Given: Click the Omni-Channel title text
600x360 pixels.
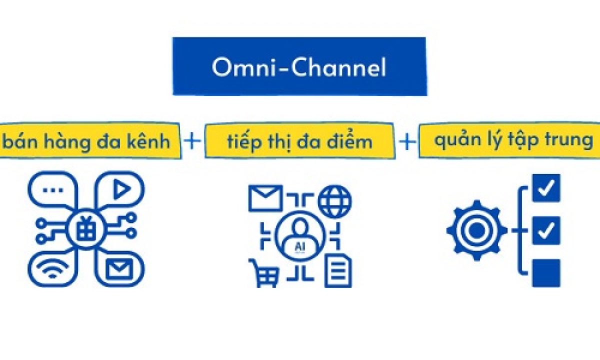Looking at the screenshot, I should point(299,67).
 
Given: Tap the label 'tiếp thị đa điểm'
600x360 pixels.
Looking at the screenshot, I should point(299,141).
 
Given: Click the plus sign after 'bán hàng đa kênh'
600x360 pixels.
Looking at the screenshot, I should point(192,141).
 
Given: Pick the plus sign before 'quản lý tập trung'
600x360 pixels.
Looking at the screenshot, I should point(407,141).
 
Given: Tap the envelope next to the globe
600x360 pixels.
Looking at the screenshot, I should point(265,198).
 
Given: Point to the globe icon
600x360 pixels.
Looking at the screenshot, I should point(334,199).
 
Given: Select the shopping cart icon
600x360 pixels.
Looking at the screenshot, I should point(264,272).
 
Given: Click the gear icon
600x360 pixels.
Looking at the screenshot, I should point(476,230).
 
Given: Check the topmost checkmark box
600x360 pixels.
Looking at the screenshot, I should point(546,188).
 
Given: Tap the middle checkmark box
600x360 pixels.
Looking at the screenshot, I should point(546,230).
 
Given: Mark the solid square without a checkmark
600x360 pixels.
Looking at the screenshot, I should point(546,273).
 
